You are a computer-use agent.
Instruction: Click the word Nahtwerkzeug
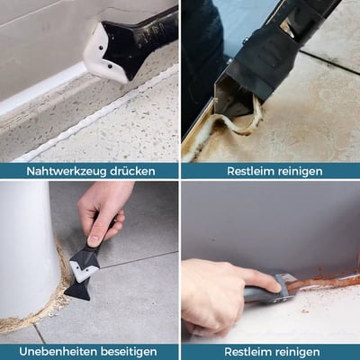click(x=66, y=171)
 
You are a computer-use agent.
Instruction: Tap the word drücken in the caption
click(x=132, y=171)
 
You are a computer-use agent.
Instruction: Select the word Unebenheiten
click(x=58, y=351)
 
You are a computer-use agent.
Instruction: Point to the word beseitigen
click(x=129, y=352)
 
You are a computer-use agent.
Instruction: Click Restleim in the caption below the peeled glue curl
click(x=250, y=171)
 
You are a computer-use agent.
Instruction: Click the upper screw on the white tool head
click(x=101, y=48)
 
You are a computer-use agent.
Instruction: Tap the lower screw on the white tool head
click(x=110, y=66)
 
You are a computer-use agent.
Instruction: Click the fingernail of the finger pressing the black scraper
click(x=93, y=240)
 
